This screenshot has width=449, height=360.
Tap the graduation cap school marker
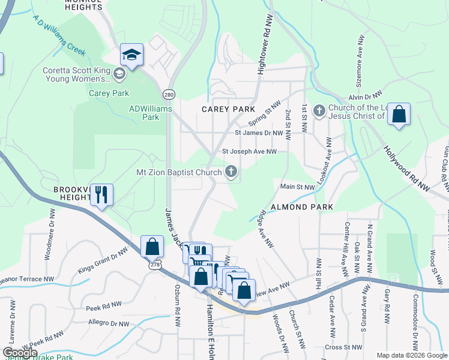[x=131, y=56]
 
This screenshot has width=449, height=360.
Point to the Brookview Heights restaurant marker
[x=101, y=194]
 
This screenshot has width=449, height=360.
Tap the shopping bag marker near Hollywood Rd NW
[x=399, y=114]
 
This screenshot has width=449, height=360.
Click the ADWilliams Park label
[x=151, y=113]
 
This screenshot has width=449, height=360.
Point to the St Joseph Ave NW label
[x=249, y=152]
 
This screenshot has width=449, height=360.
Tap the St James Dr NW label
[x=259, y=133]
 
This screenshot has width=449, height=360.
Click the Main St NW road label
[x=298, y=187]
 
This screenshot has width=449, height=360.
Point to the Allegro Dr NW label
[x=107, y=324]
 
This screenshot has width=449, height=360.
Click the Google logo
[x=19, y=353]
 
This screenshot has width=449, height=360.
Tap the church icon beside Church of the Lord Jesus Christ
[x=319, y=110]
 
